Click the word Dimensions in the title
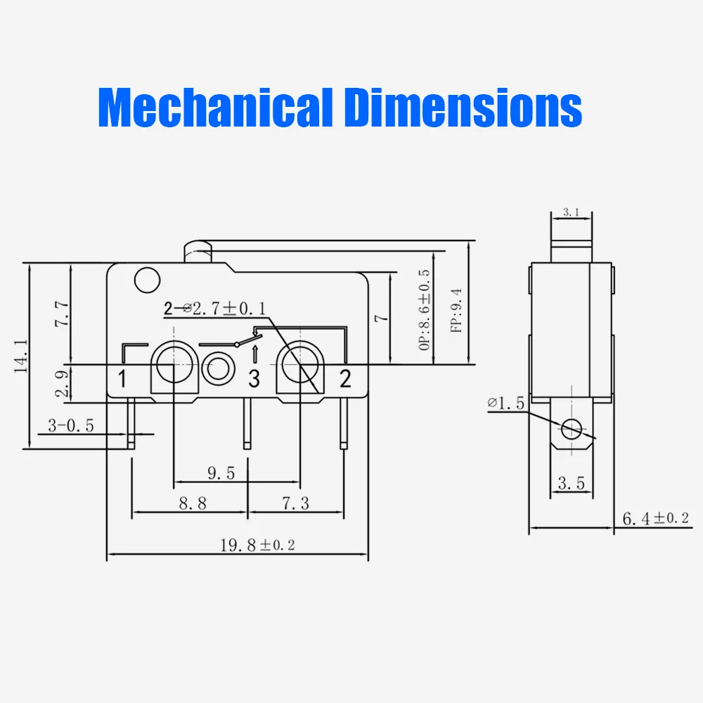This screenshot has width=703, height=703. [x=463, y=108]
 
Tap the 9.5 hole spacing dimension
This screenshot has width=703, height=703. [x=221, y=473]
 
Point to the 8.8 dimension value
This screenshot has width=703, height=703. [x=192, y=503]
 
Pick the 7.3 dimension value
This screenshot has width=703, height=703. [x=295, y=503]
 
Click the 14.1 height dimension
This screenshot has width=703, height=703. [x=22, y=355]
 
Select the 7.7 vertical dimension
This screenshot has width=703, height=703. [x=63, y=314]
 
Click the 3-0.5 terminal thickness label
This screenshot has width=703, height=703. [x=70, y=425]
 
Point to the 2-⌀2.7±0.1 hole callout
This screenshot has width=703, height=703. [x=214, y=309]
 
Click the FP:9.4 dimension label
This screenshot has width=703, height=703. [x=456, y=310]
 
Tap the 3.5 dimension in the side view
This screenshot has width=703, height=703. [x=571, y=483]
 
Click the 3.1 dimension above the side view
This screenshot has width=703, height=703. [x=571, y=212]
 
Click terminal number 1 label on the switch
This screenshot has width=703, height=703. [x=122, y=379]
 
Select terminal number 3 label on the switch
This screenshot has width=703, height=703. [x=254, y=379]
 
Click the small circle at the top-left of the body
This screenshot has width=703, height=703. [x=146, y=280]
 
